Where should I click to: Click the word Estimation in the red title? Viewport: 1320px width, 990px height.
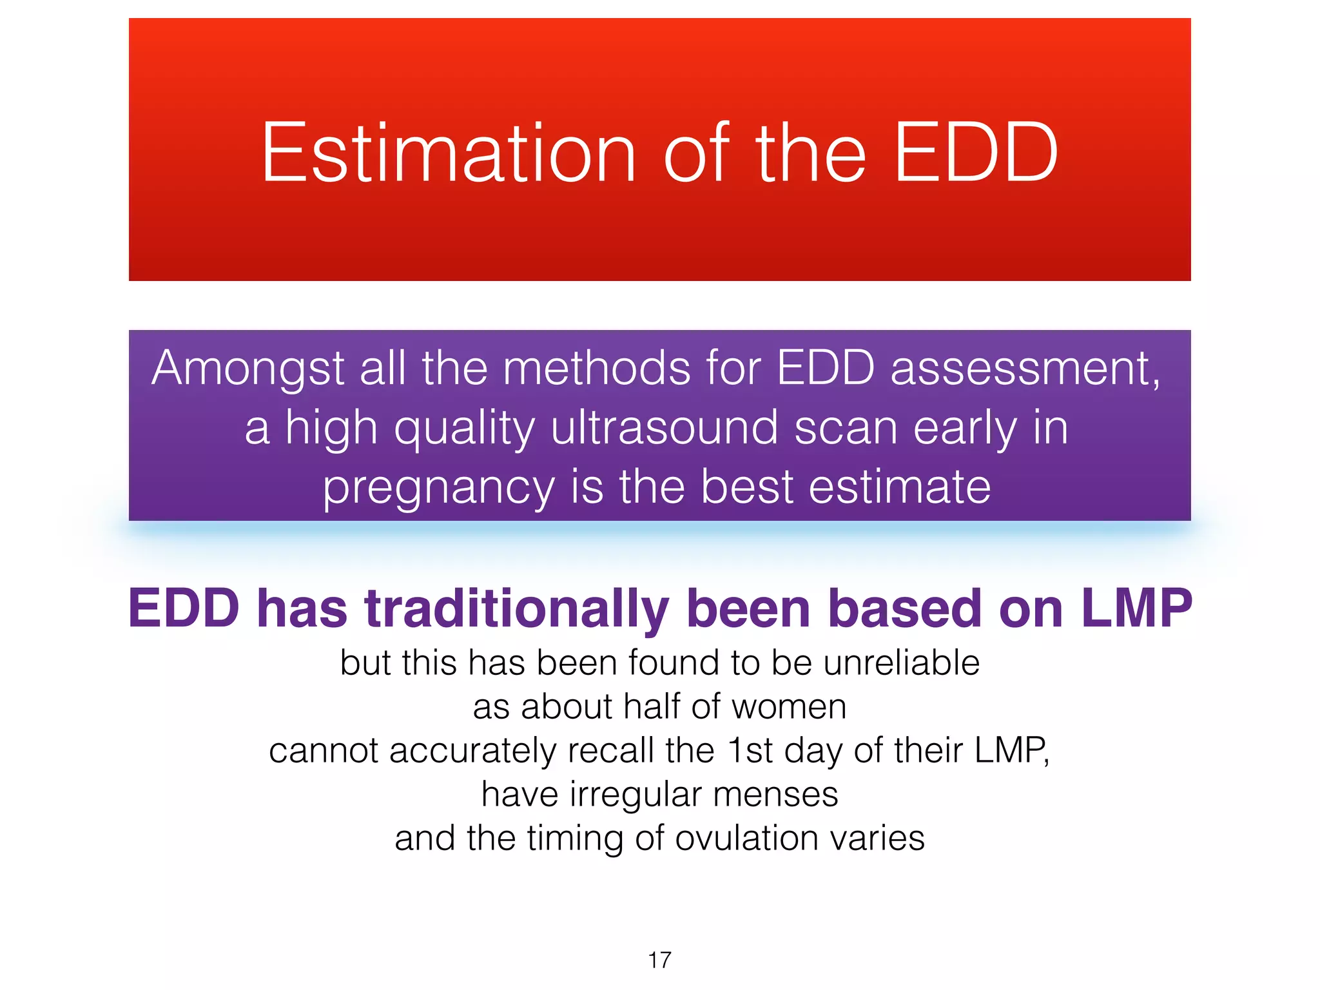point(449,153)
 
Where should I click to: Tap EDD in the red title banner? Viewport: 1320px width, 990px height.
point(976,153)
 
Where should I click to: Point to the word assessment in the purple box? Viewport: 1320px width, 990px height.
point(1025,368)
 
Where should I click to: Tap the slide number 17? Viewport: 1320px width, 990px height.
point(659,960)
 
